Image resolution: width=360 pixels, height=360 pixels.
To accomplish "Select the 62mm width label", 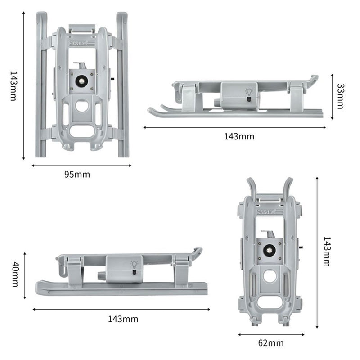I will click(x=271, y=343).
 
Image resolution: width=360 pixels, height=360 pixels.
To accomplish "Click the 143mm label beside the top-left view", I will click(x=13, y=85).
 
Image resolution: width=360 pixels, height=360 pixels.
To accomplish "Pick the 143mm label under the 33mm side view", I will click(x=239, y=136).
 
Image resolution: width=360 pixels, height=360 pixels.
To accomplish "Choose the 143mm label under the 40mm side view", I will click(x=123, y=319).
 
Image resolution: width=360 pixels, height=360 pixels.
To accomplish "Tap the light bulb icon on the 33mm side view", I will click(x=249, y=92).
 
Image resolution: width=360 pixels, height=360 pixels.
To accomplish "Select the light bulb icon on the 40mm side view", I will click(x=134, y=264).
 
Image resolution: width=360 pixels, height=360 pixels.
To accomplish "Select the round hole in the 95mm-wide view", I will click(x=82, y=106).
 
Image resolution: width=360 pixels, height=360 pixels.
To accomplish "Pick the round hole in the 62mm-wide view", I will click(x=270, y=276).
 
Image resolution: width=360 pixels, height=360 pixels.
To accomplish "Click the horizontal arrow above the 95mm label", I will click(x=81, y=166).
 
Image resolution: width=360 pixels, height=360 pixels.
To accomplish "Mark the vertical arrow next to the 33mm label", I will click(x=332, y=96).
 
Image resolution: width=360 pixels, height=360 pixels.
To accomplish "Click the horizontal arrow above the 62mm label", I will click(x=271, y=334).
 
